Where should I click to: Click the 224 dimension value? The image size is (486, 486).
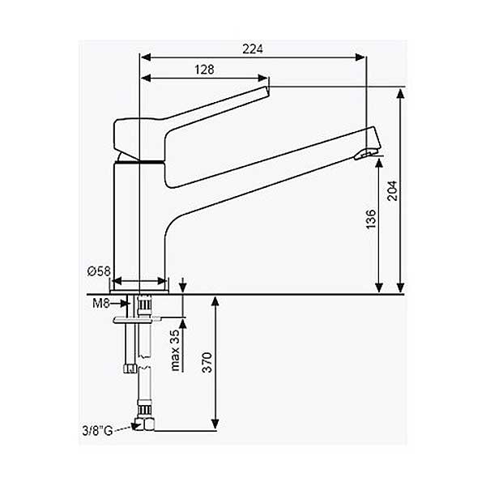252,49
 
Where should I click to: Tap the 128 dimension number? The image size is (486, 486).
204,70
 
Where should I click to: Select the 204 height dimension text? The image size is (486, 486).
392,190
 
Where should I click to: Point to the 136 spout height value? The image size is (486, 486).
371,220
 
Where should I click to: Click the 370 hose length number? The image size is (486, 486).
207,362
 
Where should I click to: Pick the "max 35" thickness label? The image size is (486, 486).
175,350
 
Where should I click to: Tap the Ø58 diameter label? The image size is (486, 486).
99,271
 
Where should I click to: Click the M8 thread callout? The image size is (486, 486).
101,304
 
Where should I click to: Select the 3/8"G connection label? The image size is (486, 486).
97,431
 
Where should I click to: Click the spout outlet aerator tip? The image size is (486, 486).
366,154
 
